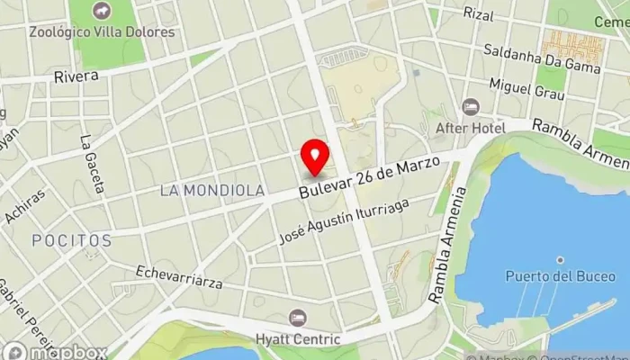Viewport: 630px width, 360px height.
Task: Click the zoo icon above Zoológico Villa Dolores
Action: tap(102, 11)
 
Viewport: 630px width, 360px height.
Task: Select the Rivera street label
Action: tap(76, 76)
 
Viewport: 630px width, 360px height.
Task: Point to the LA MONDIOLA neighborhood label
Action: tap(211, 191)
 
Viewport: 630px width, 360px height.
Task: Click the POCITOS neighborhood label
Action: tap(71, 241)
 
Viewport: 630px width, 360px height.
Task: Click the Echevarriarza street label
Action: tap(179, 276)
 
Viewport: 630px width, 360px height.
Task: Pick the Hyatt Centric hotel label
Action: tap(298, 338)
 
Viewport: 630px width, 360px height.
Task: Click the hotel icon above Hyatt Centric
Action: tap(298, 318)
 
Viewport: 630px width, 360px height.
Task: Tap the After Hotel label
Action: tap(470, 128)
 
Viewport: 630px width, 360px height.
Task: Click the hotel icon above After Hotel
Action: tap(470, 107)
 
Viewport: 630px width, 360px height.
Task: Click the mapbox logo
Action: tap(54, 351)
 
